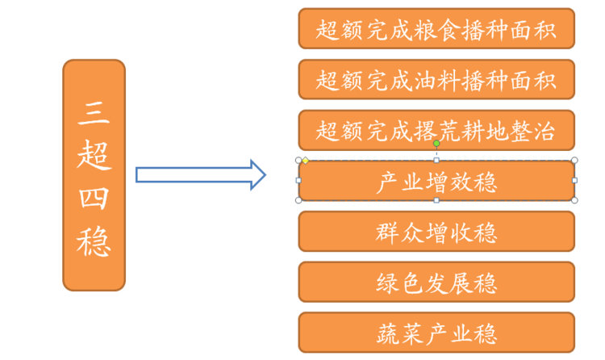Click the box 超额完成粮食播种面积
coord(436,29)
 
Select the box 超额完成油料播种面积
coord(436,80)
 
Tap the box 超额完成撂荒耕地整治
coord(436,130)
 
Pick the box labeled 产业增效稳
coord(436,181)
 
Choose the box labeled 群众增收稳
coord(436,232)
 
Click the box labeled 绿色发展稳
coord(436,282)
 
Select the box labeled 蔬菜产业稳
coord(436,332)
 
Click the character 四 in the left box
coord(94,198)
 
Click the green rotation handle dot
coord(436,144)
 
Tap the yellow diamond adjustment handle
coord(306,161)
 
